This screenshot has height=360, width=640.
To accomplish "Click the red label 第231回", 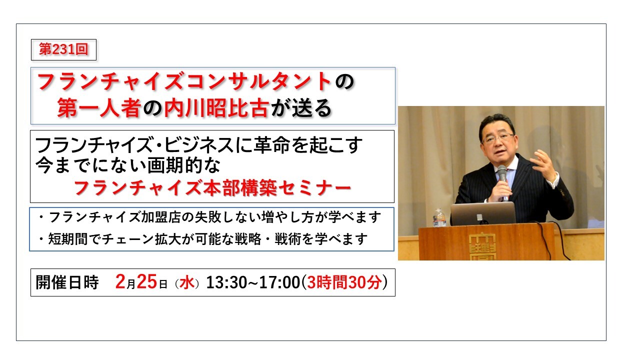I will tap(63, 50).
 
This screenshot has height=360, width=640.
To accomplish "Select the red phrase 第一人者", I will tap(98, 108).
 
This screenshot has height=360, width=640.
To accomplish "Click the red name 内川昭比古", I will tap(217, 108).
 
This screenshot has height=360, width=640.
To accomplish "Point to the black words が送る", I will tap(301, 108).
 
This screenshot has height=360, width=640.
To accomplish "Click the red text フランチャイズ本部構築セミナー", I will tap(212, 188).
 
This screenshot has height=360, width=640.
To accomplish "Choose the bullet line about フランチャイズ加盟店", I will tap(210, 218).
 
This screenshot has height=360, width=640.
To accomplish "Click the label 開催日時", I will tap(67, 283).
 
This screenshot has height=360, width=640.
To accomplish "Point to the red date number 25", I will tap(147, 282).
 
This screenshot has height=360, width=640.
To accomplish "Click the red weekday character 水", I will tap(187, 283).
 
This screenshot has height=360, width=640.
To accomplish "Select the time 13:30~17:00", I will tap(252, 283).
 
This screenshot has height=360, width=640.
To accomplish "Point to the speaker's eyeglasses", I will tap(498, 137).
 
